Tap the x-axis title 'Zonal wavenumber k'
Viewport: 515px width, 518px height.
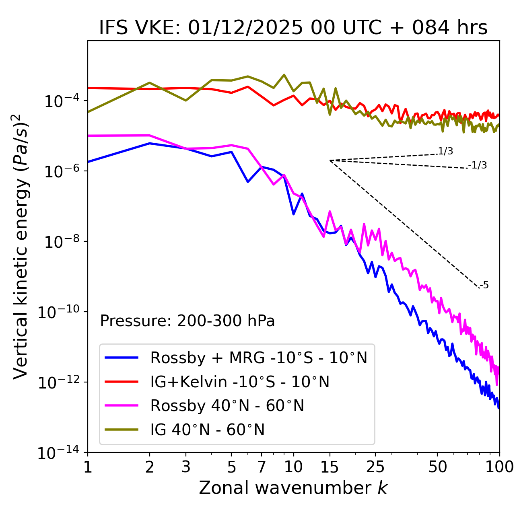pos(293,488)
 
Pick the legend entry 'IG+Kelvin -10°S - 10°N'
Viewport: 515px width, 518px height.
pos(240,382)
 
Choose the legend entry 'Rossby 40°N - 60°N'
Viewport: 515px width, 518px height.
pos(227,406)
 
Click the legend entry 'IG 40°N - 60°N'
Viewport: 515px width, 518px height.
pos(207,430)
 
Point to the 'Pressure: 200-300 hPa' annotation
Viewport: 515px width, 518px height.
pos(187,321)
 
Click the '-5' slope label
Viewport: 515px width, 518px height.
pos(484,286)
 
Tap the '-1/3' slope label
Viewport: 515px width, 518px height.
pos(478,165)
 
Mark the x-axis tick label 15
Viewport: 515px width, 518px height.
pos(330,467)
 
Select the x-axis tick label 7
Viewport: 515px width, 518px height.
pos(262,467)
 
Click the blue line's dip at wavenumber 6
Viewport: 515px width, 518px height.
pos(248,182)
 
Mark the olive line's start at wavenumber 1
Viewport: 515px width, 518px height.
pos(88,112)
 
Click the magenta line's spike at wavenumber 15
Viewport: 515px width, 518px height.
pos(330,211)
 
